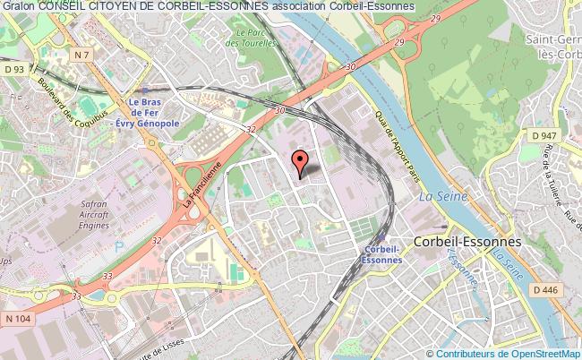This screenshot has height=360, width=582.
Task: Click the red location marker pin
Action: click(x=300, y=162)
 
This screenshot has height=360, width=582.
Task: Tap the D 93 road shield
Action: click(x=14, y=68)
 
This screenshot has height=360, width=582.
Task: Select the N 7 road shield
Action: click(x=83, y=56)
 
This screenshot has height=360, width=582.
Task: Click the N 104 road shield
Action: click(x=15, y=319)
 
